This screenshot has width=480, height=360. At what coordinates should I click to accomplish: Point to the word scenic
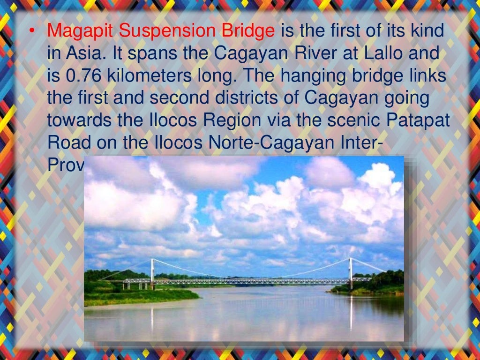click(x=355, y=120)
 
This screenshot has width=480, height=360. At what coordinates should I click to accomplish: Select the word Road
click(x=68, y=142)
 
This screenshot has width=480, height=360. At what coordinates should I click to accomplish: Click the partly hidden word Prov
click(x=66, y=164)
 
